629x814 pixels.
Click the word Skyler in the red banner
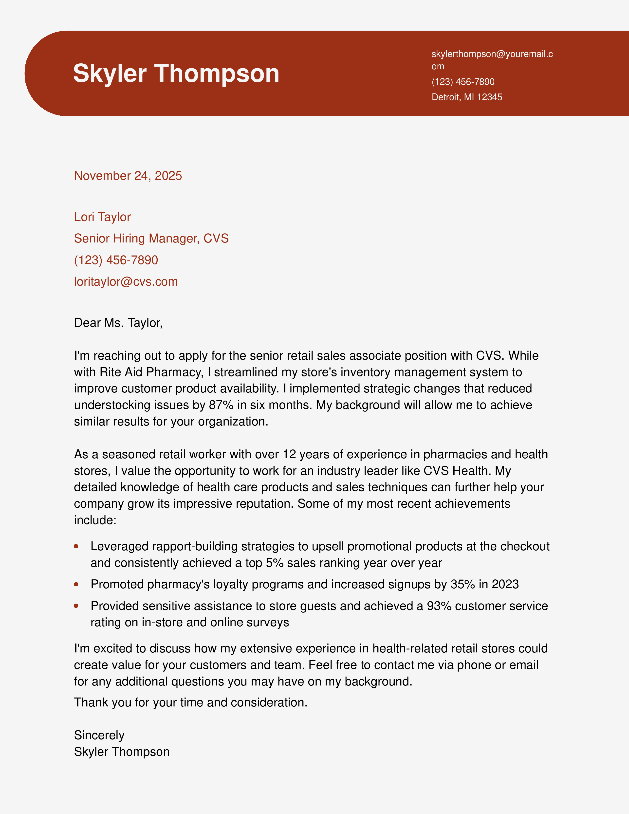click(110, 74)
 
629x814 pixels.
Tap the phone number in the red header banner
click(463, 82)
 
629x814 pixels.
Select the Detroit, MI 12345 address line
click(466, 97)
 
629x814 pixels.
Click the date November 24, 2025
click(128, 176)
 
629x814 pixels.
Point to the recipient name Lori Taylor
click(102, 217)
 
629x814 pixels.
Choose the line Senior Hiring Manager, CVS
click(151, 239)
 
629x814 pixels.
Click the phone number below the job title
click(116, 260)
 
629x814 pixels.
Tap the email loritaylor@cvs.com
click(126, 282)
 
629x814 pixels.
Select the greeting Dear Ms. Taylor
click(118, 323)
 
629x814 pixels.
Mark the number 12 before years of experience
click(289, 454)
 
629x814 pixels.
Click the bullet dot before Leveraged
click(76, 546)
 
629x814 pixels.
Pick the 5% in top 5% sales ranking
click(275, 563)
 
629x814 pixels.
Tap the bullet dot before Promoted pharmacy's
click(76, 584)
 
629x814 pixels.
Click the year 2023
click(505, 584)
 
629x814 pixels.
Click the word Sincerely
click(99, 735)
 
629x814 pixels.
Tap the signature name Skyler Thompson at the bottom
click(121, 752)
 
